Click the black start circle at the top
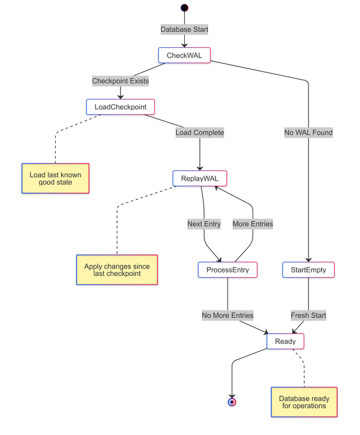click(x=185, y=8)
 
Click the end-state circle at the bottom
click(x=232, y=402)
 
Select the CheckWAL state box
click(x=184, y=55)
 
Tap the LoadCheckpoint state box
click(x=121, y=107)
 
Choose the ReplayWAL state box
click(x=200, y=178)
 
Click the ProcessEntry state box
click(x=227, y=270)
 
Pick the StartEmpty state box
click(x=308, y=270)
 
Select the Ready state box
click(x=285, y=341)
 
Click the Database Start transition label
click(x=185, y=29)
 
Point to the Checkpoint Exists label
click(x=121, y=80)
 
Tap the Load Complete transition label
click(x=200, y=133)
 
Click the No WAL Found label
click(x=308, y=133)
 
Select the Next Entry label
click(x=204, y=224)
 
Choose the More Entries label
click(x=253, y=224)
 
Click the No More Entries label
click(x=227, y=315)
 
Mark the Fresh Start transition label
click(x=308, y=315)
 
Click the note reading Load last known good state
click(x=55, y=178)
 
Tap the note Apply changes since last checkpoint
click(x=117, y=270)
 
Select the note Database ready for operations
click(x=304, y=402)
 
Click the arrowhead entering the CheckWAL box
click(x=185, y=45)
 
